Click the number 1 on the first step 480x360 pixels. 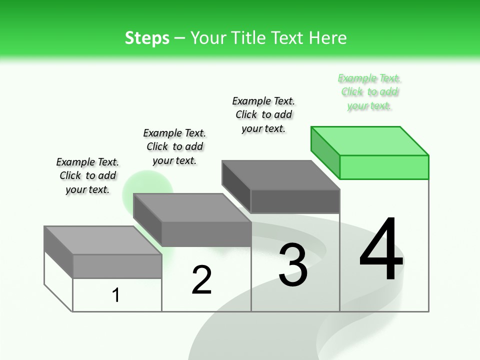116,295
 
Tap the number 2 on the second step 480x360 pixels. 201,280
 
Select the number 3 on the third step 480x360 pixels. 293,265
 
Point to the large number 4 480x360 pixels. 381,250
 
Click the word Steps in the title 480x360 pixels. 147,38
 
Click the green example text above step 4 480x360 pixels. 369,92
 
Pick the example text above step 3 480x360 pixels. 263,114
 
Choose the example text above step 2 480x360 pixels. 174,146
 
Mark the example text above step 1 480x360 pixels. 87,175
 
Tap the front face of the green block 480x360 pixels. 384,167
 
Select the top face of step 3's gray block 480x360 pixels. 280,175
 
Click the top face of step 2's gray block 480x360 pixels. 192,207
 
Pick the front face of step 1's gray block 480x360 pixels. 117,266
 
